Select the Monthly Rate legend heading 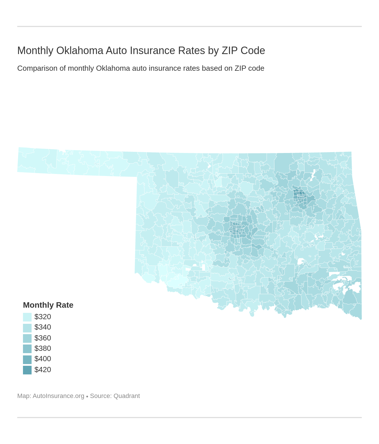tap(48, 305)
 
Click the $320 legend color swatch tap(27, 317)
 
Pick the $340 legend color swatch tap(27, 328)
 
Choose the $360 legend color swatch tap(27, 338)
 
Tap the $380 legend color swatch tap(27, 349)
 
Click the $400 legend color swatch tap(27, 359)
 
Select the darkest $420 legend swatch tap(27, 370)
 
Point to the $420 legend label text tap(43, 370)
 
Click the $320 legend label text tap(43, 317)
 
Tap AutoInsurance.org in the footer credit tap(58, 396)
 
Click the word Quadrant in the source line tap(127, 396)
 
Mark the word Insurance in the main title tap(153, 51)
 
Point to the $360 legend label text tap(43, 338)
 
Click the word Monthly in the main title tap(35, 51)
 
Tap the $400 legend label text tap(43, 359)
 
